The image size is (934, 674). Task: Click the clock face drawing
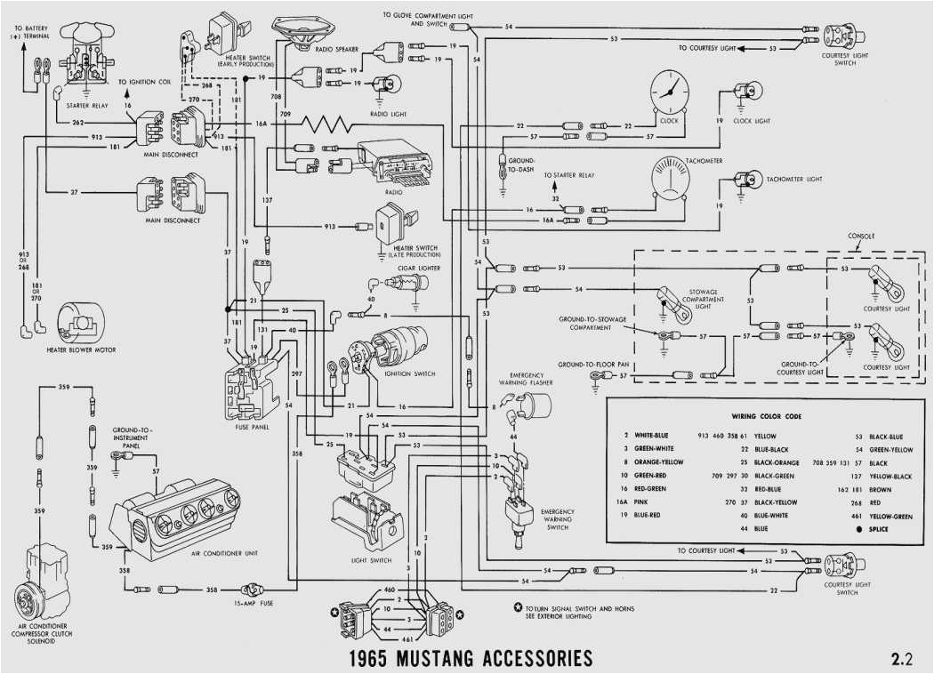pyautogui.click(x=668, y=92)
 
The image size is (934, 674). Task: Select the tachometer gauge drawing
pyautogui.click(x=678, y=179)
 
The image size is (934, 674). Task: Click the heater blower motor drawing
pyautogui.click(x=80, y=322)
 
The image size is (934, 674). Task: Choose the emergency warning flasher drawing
pyautogui.click(x=534, y=406)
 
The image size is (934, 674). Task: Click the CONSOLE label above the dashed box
pyautogui.click(x=861, y=237)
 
